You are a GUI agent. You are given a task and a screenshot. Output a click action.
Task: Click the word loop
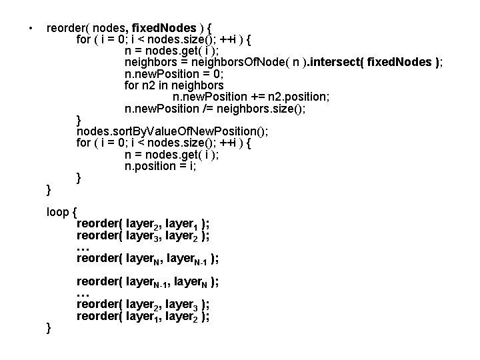[x=57, y=213]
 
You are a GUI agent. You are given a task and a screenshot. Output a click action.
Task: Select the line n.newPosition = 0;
[x=177, y=74]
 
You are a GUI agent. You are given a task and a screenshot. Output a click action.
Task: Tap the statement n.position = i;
[x=161, y=166]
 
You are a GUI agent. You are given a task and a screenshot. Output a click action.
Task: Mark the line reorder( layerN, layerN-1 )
[x=147, y=259]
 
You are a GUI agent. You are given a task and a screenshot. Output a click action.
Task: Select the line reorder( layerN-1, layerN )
[x=147, y=282]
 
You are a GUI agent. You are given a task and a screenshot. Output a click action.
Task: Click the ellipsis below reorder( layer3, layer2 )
[x=83, y=248]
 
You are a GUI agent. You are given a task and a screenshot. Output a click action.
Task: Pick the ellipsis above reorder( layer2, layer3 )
[x=83, y=294]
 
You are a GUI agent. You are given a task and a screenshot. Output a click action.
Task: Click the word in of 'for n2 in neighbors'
[x=163, y=85]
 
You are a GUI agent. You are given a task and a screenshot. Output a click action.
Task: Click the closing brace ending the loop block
[x=49, y=327]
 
